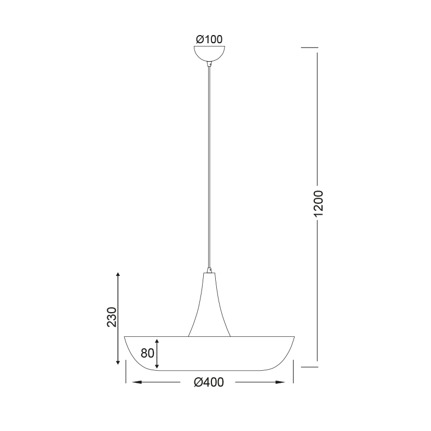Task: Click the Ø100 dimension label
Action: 209,39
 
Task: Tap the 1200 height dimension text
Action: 318,203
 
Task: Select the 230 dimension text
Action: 112,317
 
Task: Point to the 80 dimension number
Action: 147,353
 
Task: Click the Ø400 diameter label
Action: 209,382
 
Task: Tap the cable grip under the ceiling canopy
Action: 209,64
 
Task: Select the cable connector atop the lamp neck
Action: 209,270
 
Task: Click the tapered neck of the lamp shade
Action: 209,304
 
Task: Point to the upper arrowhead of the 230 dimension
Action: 118,275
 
